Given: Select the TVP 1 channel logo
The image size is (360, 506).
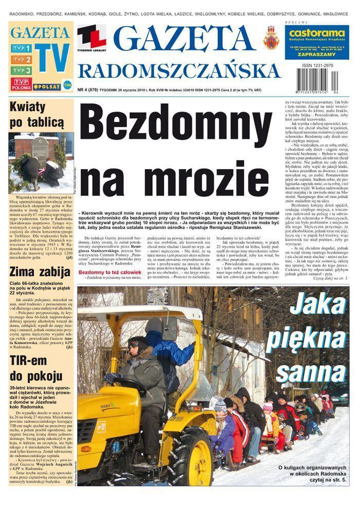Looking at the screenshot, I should click(x=21, y=49).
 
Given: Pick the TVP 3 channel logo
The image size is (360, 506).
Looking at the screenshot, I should click(x=21, y=70).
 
